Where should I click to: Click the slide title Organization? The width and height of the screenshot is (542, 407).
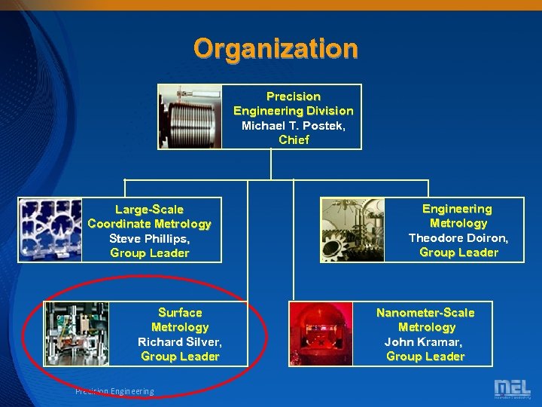coord(276,49)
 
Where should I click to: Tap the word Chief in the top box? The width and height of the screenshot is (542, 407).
coord(294,139)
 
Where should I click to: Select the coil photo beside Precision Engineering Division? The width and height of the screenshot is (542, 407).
coord(190,116)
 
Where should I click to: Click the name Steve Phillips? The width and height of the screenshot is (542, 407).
coord(149,238)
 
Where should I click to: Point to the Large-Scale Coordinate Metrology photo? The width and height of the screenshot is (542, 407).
coord(50,229)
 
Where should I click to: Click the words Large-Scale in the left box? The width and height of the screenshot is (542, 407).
coord(149,209)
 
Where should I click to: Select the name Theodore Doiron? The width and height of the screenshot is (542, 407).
coord(458,237)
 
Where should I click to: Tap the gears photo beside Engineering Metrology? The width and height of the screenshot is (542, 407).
coord(352,230)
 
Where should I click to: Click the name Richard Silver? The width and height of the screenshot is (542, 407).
coord(180,341)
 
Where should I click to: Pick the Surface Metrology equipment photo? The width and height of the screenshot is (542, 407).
coord(77,333)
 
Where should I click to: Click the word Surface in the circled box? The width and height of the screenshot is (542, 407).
coord(180,312)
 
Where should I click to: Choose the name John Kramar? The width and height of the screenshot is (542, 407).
coord(425,341)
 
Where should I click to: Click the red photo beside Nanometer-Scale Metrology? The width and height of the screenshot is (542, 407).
coord(321,333)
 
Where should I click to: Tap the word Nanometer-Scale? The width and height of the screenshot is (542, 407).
coord(425,312)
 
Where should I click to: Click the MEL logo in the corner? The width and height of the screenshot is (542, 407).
coord(512,389)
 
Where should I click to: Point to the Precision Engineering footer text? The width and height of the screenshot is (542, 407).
coord(114,391)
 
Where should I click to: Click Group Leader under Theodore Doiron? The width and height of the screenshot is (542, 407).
coord(458,252)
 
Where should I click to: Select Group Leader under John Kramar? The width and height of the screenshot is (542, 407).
coord(425,357)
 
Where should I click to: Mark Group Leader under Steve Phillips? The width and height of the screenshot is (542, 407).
coord(149,253)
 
